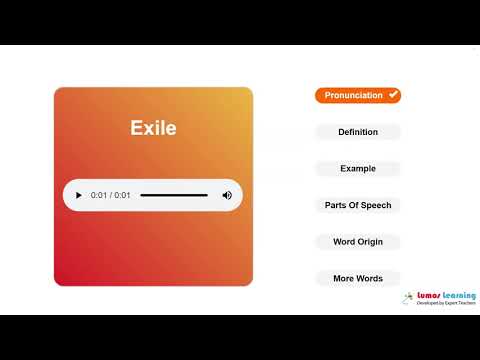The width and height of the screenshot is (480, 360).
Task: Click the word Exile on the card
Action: coord(153,128)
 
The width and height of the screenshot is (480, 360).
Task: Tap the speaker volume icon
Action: coord(227,195)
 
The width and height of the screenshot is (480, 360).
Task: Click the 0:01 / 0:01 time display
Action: coord(110,195)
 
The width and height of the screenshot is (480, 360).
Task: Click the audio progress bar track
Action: coord(174,195)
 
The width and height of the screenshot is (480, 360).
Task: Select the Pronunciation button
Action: coord(353,95)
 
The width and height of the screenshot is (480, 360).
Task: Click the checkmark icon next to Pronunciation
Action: coord(393,95)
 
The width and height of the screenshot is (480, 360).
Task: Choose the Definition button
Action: coord(358,132)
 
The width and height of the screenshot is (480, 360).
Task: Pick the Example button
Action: coord(358,168)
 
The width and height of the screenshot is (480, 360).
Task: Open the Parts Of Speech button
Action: coord(358,205)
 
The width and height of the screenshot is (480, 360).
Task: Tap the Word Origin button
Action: coord(358,242)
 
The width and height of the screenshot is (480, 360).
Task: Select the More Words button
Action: coord(358,278)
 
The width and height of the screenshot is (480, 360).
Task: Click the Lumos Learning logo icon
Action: coord(409,298)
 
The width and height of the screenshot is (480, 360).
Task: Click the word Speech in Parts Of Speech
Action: coord(377,205)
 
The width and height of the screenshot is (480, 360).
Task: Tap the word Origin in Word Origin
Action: coord(371,242)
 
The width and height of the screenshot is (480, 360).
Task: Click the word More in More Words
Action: coord(344,278)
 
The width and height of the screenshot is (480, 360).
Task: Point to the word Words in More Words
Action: coord(370,278)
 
